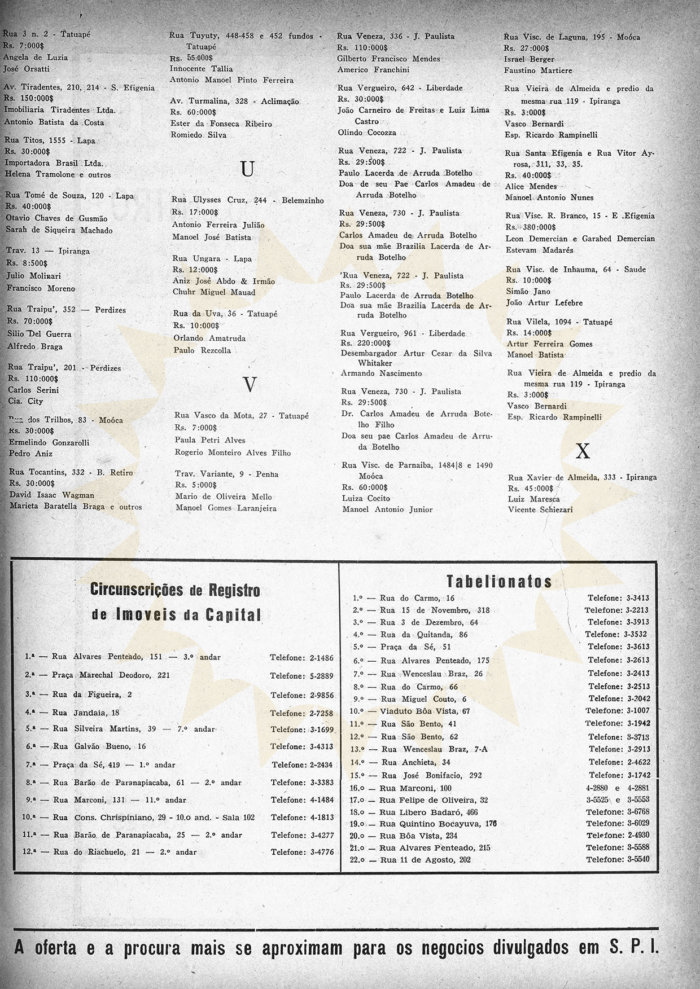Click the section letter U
click(x=247, y=169)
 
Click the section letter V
click(x=250, y=385)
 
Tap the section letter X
click(x=582, y=451)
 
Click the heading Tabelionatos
click(x=499, y=582)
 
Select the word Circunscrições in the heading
click(x=137, y=590)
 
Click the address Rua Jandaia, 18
click(x=86, y=713)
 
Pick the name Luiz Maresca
click(x=533, y=499)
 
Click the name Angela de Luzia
click(x=36, y=57)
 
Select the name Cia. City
click(x=25, y=401)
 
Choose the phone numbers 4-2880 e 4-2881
click(x=618, y=788)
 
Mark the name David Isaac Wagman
click(x=51, y=495)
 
